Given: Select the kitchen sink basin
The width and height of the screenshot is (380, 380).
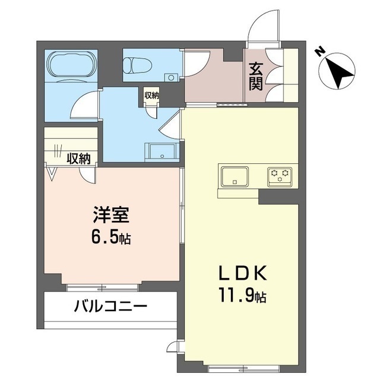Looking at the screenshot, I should [235, 176].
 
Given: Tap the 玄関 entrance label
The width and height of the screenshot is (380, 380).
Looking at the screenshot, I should [256, 76].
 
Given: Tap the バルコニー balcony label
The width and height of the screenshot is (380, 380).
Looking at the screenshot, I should [110, 308].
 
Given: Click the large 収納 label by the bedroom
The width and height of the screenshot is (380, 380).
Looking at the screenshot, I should [78, 159].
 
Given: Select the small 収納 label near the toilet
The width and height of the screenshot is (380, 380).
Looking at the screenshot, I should [151, 95].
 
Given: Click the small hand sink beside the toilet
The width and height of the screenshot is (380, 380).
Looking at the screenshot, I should [170, 77].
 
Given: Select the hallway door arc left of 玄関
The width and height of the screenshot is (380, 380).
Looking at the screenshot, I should [196, 62].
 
